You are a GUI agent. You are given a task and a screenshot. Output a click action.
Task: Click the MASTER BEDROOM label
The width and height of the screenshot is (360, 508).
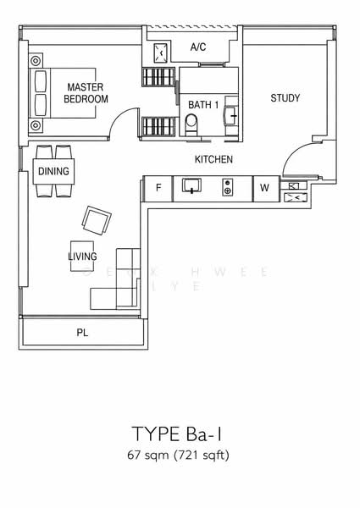pos(86,92)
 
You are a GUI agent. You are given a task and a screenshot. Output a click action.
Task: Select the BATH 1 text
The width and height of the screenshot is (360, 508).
pos(203,104)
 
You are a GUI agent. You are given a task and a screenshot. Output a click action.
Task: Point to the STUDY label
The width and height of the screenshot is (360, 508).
pos(285,98)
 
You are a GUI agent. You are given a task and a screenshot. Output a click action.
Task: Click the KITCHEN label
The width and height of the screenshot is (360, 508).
pos(213,159)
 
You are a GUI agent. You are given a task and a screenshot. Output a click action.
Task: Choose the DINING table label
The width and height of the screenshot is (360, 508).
pos(53,172)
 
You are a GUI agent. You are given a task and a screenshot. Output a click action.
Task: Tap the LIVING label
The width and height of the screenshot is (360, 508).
pos(83,256)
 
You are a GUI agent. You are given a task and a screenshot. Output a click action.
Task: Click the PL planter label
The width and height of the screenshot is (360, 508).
pos(82,333)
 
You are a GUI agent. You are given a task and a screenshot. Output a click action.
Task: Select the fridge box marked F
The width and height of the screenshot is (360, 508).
pos(158,188)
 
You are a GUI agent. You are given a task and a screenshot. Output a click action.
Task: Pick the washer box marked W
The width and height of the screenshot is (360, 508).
pos(264,188)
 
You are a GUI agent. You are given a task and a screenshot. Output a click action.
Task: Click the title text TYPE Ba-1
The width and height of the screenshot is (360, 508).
pos(180,434)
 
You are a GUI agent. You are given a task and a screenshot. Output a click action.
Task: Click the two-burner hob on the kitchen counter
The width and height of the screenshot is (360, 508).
pos(227,187)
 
